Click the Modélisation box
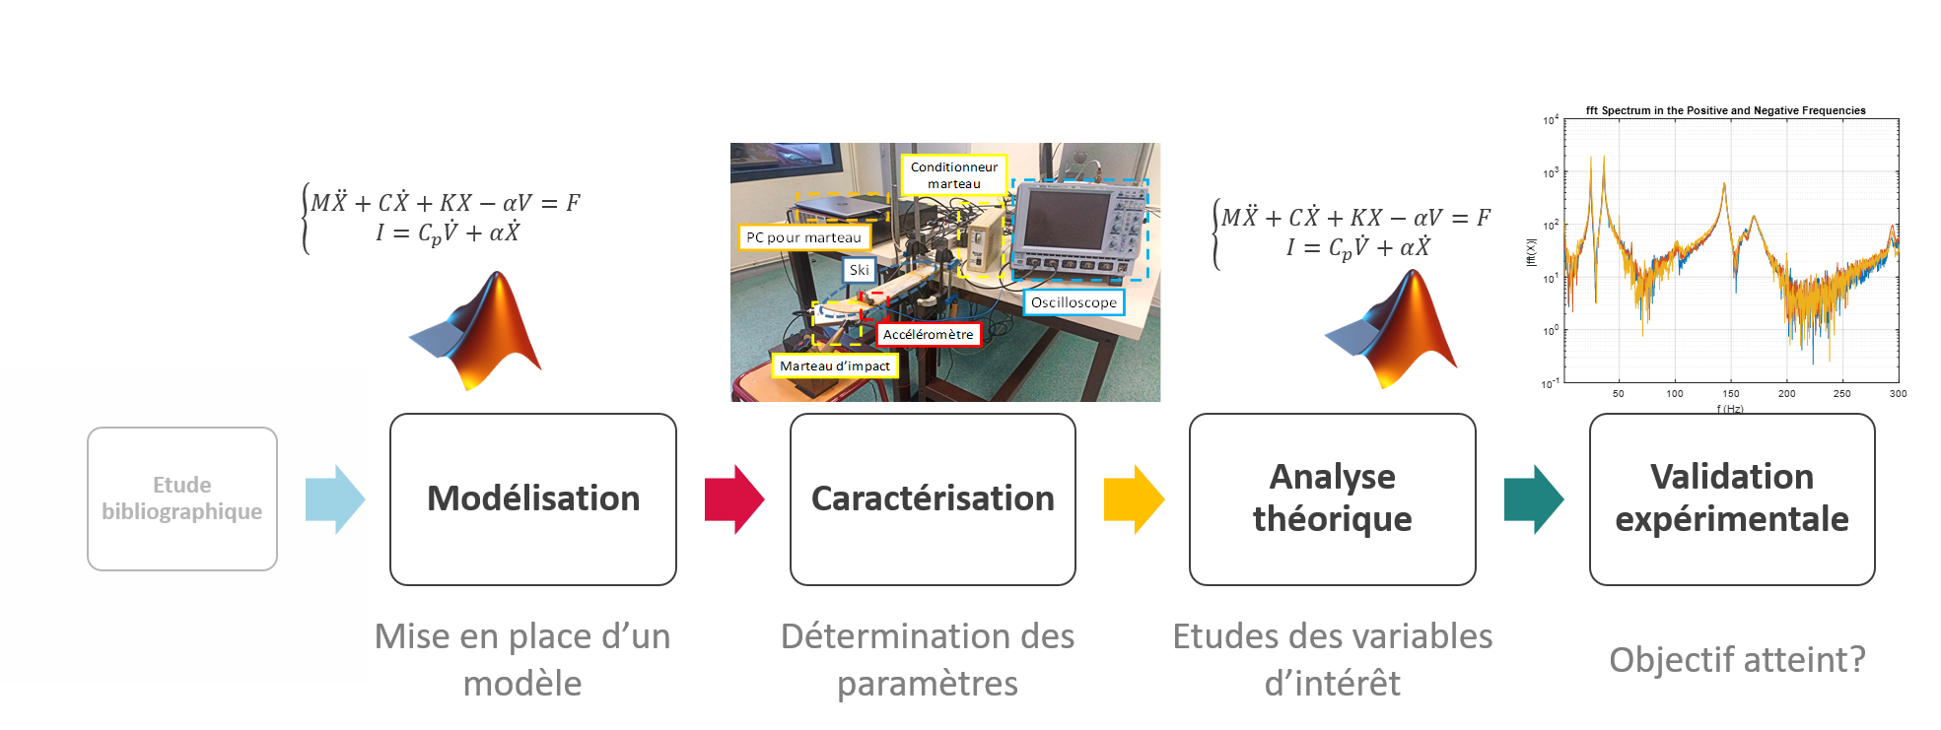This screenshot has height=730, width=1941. click(533, 498)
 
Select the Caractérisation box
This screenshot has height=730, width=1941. click(933, 498)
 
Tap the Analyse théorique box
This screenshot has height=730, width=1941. click(1332, 498)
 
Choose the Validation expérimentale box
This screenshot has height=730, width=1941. click(1731, 498)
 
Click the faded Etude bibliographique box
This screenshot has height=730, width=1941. click(182, 498)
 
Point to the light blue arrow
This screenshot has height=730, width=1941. click(335, 499)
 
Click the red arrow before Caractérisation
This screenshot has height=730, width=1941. click(734, 499)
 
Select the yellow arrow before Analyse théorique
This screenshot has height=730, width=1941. click(1134, 499)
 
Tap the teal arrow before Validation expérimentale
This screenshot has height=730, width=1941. click(1534, 499)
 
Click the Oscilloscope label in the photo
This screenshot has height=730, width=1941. click(1074, 302)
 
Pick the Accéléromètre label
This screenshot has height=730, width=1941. click(928, 335)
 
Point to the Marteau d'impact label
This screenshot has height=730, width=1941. click(834, 366)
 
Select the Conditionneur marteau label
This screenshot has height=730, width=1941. click(953, 175)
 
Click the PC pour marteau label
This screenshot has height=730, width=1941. click(803, 237)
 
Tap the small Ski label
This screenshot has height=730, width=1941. click(859, 270)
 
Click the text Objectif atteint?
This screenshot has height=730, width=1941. click(1737, 659)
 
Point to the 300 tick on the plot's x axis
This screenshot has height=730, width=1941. click(1898, 394)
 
